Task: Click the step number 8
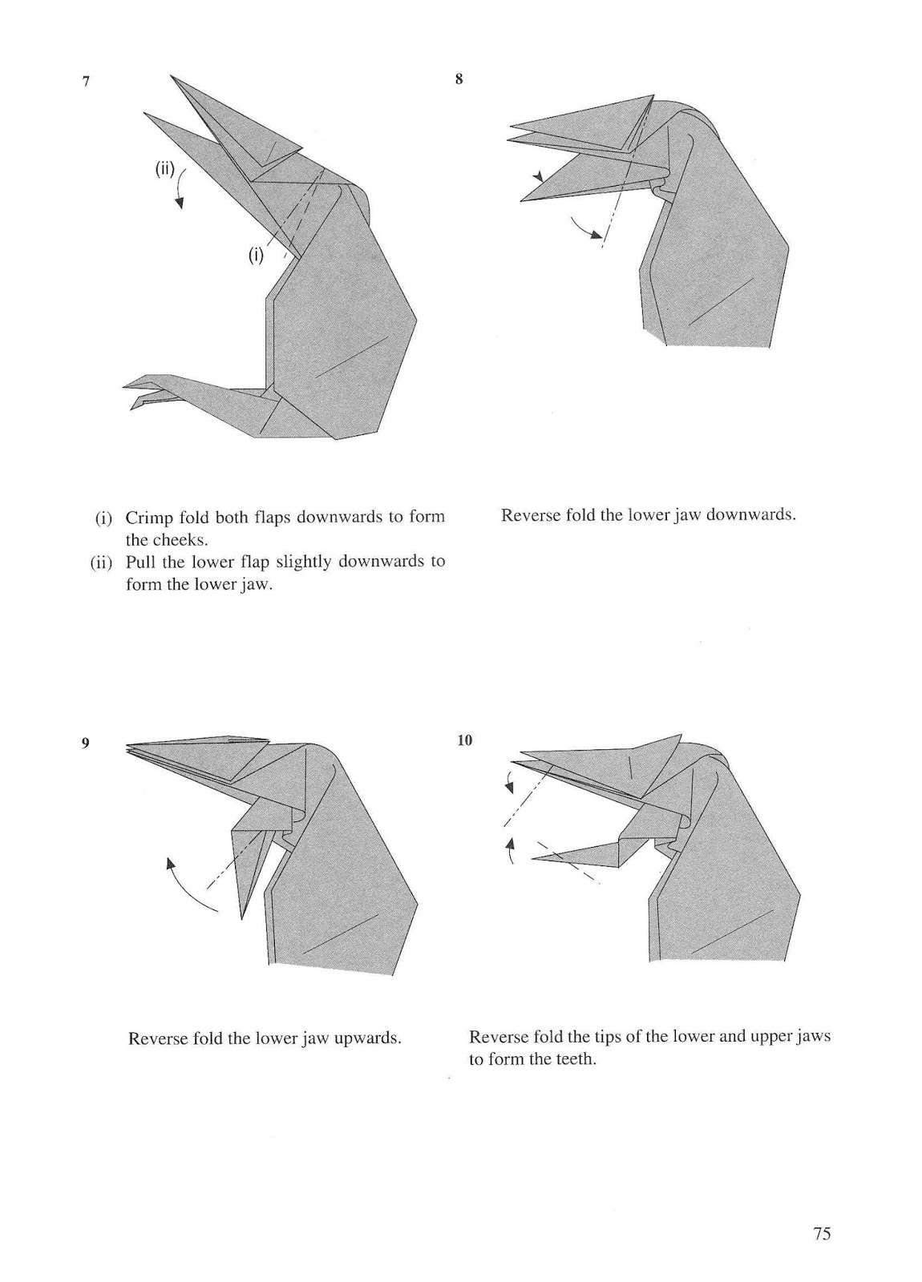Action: (459, 79)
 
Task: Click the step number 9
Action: (84, 743)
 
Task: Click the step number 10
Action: (464, 740)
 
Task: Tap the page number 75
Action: (822, 1233)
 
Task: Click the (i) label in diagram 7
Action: (255, 256)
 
